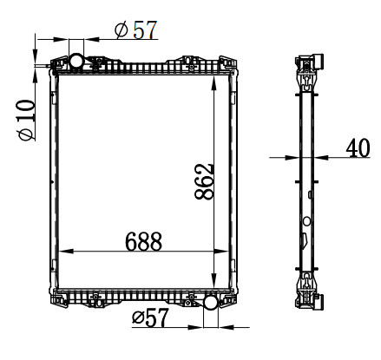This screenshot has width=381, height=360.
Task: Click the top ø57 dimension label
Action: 135,29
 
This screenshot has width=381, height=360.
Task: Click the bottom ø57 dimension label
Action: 150,317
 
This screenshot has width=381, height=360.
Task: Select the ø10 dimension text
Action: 27,120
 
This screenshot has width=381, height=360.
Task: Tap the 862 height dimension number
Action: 204,182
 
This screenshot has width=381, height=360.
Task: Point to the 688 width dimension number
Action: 143,241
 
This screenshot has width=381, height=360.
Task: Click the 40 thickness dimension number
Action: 358,147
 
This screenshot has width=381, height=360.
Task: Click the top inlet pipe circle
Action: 76,61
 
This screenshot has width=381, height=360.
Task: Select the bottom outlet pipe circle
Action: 211,302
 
